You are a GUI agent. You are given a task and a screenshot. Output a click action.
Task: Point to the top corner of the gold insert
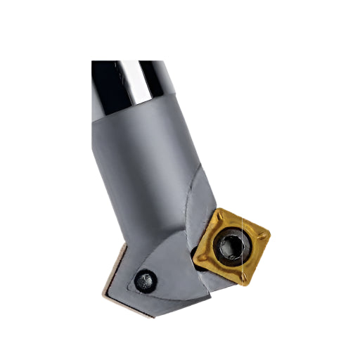[221, 210]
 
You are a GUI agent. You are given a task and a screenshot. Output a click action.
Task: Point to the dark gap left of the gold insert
[193, 250]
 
